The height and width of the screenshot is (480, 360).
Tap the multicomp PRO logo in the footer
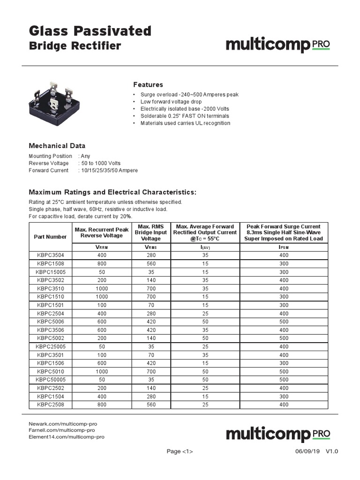pos(278,434)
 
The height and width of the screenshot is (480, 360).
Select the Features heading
pos(148,85)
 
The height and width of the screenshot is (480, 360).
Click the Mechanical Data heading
pos(57,146)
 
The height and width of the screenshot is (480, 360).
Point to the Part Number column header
pos(50,237)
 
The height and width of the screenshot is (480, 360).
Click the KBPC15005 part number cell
pos(50,272)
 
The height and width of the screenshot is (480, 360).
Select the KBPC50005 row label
pos(50,380)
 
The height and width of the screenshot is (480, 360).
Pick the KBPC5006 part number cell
pos(50,322)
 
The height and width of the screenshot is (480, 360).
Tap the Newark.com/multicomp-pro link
pos(63,423)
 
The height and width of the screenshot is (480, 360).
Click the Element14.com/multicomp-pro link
pos(67,436)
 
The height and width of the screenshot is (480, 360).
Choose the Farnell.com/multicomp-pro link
pos(62,430)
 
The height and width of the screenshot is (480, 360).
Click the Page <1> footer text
pos(180,451)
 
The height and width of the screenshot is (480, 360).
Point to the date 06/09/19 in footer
pos(307,451)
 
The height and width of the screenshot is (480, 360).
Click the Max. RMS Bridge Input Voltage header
pos(151,232)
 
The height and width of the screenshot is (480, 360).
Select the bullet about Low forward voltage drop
pos(171,102)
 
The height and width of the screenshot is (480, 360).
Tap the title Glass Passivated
pos(90,31)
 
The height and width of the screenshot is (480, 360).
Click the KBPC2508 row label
pos(50,405)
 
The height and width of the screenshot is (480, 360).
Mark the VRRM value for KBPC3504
pos(102,255)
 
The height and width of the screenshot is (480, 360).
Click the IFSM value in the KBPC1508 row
pos(284,263)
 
